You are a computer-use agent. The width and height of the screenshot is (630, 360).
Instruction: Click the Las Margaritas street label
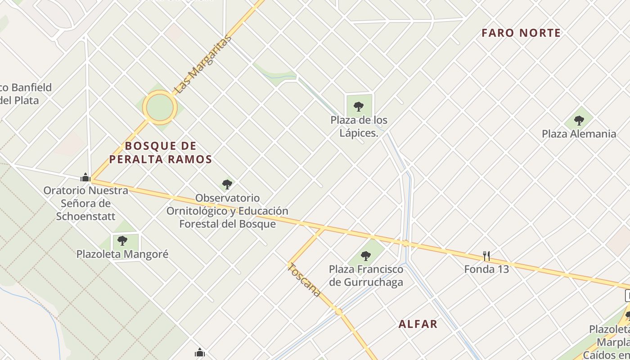point(202,64)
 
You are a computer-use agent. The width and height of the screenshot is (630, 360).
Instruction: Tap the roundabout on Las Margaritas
point(160,107)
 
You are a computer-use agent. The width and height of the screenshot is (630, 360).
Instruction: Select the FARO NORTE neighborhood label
point(521,33)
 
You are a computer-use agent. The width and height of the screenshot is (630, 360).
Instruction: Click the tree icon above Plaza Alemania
point(579,121)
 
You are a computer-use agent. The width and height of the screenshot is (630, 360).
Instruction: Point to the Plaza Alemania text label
point(579,134)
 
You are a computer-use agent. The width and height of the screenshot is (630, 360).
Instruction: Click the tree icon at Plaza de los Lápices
point(359,107)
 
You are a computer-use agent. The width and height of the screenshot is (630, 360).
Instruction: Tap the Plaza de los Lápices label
point(359,126)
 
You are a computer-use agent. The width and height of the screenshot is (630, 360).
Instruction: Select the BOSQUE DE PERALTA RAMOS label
point(161,153)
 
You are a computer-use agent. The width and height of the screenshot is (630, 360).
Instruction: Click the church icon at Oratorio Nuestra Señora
point(85,177)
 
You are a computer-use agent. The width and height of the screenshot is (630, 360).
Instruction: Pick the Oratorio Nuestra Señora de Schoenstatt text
point(85,203)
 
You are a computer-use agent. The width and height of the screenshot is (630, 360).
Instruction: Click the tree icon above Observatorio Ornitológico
point(227,184)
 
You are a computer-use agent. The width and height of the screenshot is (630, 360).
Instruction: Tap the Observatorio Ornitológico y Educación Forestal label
point(227,211)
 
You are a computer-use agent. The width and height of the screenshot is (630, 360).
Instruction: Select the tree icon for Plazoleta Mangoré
point(122,241)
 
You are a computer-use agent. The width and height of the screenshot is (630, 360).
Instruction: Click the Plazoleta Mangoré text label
point(122,254)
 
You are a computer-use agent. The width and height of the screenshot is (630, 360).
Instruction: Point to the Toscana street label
point(305,279)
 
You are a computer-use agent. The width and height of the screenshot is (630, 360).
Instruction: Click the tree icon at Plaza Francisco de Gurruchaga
point(366,256)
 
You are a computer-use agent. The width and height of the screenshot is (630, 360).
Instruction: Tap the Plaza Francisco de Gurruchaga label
point(366,276)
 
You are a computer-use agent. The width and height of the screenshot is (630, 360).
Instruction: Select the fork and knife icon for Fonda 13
point(486,256)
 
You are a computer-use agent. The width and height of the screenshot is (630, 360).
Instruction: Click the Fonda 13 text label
point(486,269)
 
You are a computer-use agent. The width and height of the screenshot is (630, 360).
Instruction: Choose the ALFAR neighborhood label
point(418,324)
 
